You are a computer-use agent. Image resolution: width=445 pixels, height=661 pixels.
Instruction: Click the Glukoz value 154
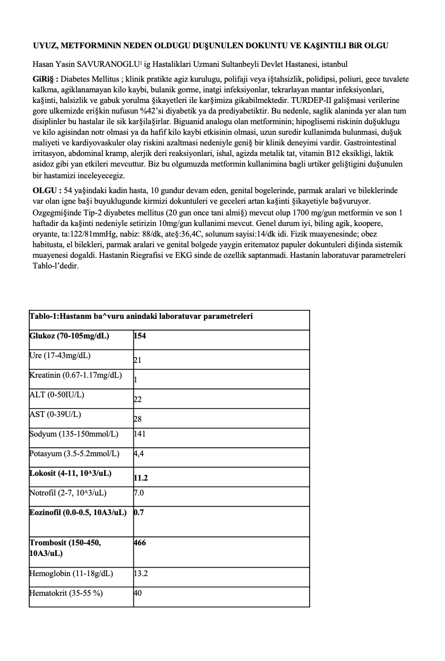coord(140,336)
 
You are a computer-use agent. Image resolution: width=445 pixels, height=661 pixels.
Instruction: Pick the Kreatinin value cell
coord(136,380)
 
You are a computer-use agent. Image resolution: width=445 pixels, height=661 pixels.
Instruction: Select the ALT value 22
coord(138,400)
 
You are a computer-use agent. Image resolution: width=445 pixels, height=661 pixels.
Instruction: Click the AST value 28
coord(138,420)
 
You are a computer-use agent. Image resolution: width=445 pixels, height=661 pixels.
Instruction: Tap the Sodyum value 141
coord(140,434)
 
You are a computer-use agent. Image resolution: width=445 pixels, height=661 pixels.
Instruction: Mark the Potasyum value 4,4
coord(139,454)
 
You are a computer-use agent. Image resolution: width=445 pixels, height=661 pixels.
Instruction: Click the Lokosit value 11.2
coord(141,478)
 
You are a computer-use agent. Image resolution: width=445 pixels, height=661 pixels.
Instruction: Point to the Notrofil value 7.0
coord(139,493)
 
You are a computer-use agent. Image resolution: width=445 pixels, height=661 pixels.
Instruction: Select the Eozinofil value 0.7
coord(139,512)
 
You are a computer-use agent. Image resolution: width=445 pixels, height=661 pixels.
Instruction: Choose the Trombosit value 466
coord(140,543)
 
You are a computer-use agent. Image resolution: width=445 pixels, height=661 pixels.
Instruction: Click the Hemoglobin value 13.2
coord(141,573)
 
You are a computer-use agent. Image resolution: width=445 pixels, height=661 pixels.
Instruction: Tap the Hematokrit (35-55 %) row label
coord(66,593)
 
